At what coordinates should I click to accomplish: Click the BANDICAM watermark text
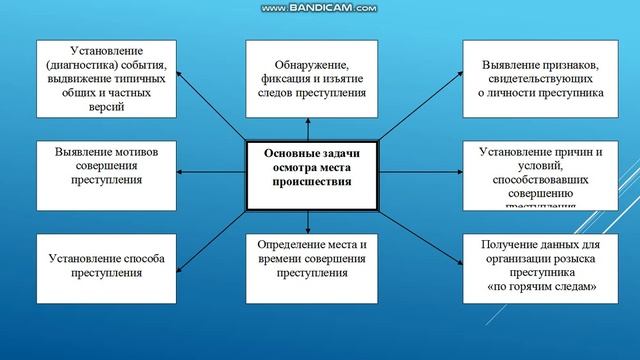click(319, 8)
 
